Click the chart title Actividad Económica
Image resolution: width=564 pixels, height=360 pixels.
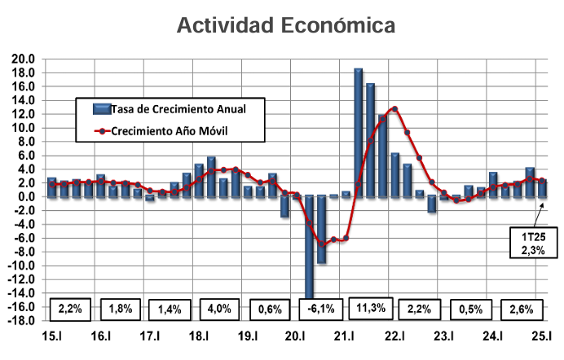pos(287,25)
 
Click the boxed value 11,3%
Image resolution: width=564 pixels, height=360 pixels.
pos(372,309)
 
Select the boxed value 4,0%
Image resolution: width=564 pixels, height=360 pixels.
pos(221,310)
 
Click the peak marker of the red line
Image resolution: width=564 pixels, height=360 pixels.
pos(394,108)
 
